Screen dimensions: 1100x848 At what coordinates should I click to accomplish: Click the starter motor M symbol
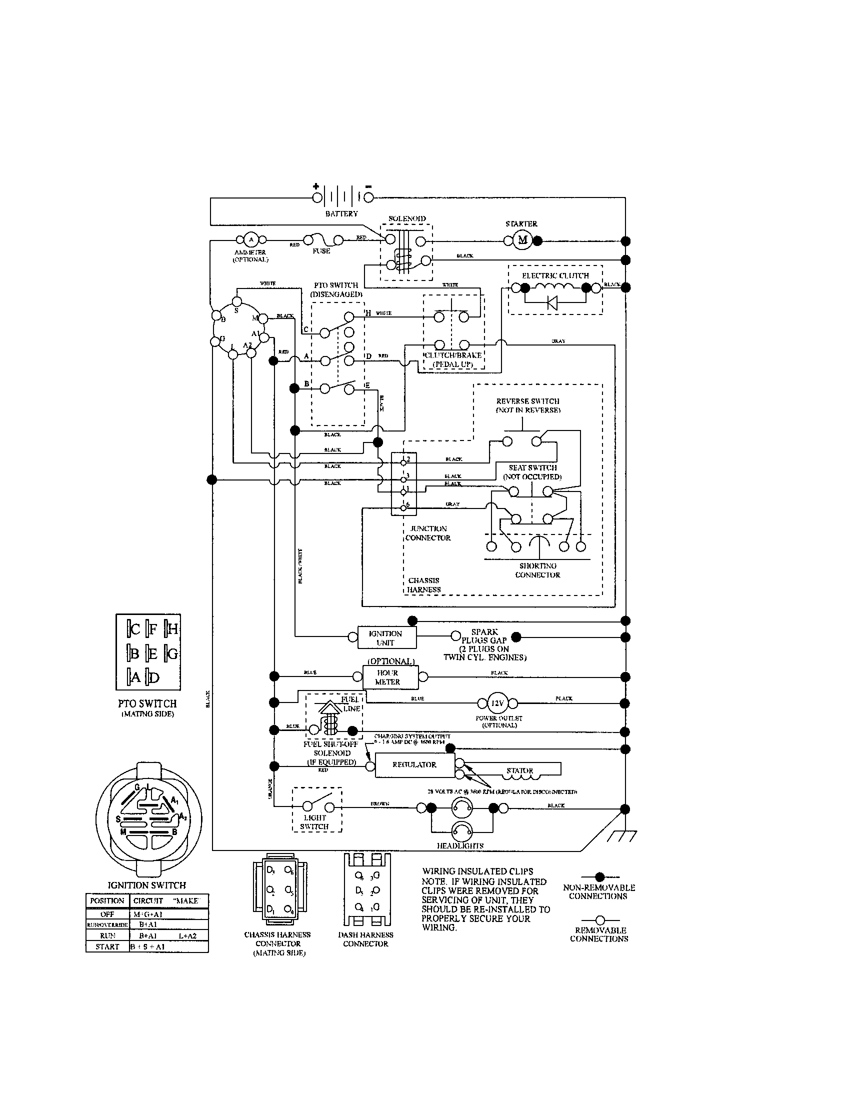coord(522,240)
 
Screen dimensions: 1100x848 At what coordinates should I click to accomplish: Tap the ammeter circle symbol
coord(250,239)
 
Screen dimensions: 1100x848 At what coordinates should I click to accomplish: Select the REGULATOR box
coord(414,764)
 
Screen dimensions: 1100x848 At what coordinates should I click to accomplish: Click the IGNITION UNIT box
coord(386,637)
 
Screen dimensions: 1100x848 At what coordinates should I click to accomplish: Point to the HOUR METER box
coord(390,677)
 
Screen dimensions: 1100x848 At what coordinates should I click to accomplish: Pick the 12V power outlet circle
coord(496,702)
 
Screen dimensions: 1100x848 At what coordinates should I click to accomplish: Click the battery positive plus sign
coord(316,186)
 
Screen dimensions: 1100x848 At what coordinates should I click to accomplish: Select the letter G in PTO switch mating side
coord(172,654)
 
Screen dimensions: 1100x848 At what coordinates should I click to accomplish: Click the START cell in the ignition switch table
coord(107,946)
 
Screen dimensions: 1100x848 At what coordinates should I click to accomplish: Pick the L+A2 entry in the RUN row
coord(187,935)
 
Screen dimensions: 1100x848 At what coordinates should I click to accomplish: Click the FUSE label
coord(321,251)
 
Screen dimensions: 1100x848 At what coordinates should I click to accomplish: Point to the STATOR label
coord(519,770)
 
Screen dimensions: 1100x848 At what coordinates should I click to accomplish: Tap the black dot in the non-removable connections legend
coord(599,877)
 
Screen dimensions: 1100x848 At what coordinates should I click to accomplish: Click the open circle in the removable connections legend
coord(599,919)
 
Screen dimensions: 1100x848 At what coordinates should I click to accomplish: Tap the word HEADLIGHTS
coord(460,845)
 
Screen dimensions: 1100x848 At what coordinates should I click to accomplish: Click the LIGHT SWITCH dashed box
coord(316,809)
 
